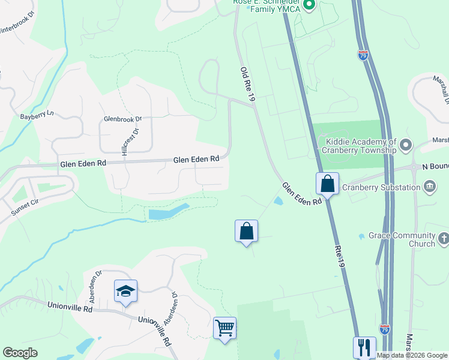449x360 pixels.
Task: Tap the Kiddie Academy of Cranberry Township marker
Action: pyautogui.click(x=406, y=145)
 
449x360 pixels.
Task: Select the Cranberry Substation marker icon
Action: pyautogui.click(x=430, y=187)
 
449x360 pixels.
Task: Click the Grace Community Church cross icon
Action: pyautogui.click(x=444, y=239)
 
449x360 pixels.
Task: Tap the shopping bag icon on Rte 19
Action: pyautogui.click(x=328, y=183)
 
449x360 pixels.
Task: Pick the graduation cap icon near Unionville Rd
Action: pyautogui.click(x=126, y=291)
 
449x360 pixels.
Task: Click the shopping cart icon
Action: pyautogui.click(x=224, y=328)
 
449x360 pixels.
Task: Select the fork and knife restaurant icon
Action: pyautogui.click(x=364, y=347)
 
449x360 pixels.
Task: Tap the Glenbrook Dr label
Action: pyautogui.click(x=122, y=119)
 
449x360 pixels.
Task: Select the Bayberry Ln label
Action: pyautogui.click(x=37, y=115)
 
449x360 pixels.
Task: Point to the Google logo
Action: pyautogui.click(x=20, y=353)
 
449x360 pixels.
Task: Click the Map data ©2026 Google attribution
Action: pyautogui.click(x=412, y=355)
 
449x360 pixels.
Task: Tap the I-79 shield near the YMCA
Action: pyautogui.click(x=363, y=55)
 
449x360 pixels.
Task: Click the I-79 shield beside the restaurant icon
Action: pyautogui.click(x=385, y=329)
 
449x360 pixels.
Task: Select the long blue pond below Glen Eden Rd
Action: pyautogui.click(x=169, y=212)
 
